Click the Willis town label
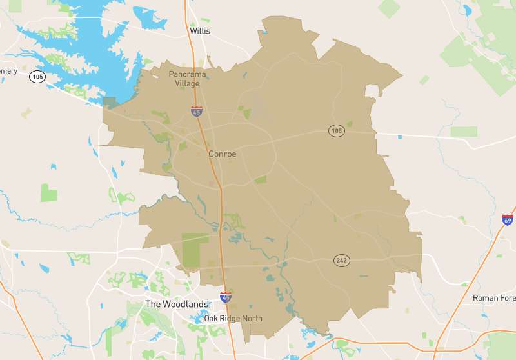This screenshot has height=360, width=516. pyautogui.click(x=200, y=30)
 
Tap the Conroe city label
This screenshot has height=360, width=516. pyautogui.click(x=223, y=154)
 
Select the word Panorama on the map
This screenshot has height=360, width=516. pyautogui.click(x=188, y=74)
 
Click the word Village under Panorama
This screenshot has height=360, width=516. pyautogui.click(x=187, y=83)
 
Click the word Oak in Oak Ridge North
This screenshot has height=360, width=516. pyautogui.click(x=212, y=319)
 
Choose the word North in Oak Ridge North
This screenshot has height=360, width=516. pyautogui.click(x=252, y=319)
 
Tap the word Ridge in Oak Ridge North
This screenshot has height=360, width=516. pyautogui.click(x=230, y=319)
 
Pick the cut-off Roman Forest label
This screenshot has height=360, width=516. pyautogui.click(x=494, y=298)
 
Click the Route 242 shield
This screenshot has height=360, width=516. pyautogui.click(x=341, y=261)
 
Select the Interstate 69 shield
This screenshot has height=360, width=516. pyautogui.click(x=508, y=220)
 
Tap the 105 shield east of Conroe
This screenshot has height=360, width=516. pyautogui.click(x=335, y=131)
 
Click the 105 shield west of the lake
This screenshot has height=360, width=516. pyautogui.click(x=37, y=77)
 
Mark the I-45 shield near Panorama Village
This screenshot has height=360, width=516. pyautogui.click(x=196, y=112)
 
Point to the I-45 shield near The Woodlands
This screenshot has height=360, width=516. pyautogui.click(x=225, y=297)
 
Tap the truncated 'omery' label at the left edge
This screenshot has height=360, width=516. pyautogui.click(x=8, y=71)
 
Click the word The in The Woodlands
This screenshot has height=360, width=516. pyautogui.click(x=153, y=304)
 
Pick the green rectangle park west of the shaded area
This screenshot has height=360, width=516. pyautogui.click(x=49, y=192)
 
